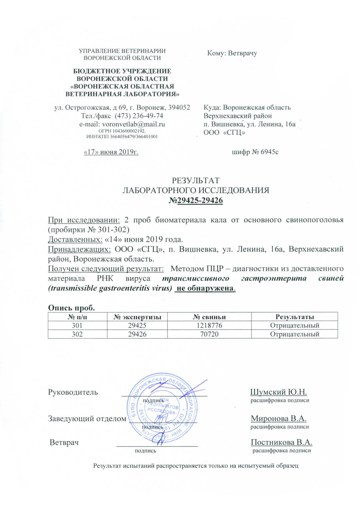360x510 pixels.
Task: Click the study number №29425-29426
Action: point(196,201)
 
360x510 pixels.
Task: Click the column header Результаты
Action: point(295,317)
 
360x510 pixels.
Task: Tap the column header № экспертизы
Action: point(138,317)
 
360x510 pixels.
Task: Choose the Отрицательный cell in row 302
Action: point(295,334)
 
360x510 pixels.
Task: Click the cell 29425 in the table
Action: point(137,326)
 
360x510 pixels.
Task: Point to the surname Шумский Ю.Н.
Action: point(279,392)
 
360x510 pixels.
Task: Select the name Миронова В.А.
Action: point(279,418)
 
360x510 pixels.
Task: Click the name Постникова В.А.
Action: point(282,442)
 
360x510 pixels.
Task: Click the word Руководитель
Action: point(73,392)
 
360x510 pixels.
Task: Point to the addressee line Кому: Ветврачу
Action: point(232,53)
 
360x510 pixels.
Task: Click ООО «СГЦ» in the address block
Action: point(224,132)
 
